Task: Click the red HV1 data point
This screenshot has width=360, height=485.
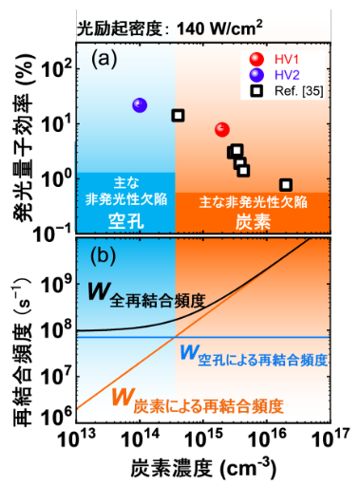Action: click(222, 129)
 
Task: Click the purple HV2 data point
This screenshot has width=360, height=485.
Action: click(141, 104)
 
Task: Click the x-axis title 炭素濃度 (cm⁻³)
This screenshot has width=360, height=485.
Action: click(203, 467)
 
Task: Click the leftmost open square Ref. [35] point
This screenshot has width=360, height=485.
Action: click(178, 115)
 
